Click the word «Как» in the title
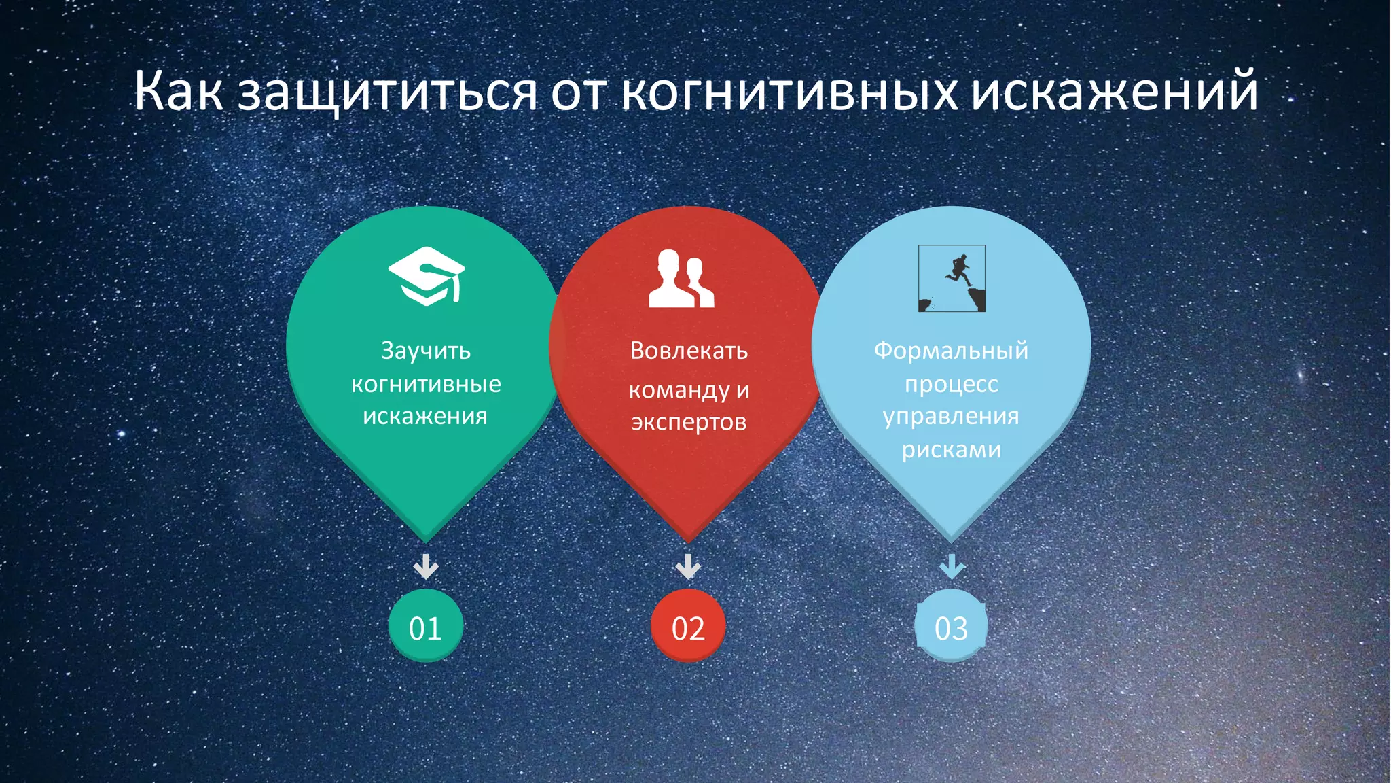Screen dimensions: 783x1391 [x=178, y=91]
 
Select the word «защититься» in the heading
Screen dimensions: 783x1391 [x=387, y=92]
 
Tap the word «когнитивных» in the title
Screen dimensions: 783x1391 [x=789, y=91]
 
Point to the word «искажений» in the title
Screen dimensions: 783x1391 [x=1114, y=91]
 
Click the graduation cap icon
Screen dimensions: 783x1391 [x=427, y=276]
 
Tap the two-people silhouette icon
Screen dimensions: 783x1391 [x=681, y=279]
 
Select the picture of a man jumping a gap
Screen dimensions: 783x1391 [x=952, y=279]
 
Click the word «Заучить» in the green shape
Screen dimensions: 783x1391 [x=426, y=351]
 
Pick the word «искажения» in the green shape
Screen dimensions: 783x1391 [x=425, y=416]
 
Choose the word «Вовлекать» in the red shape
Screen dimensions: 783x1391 [x=689, y=351]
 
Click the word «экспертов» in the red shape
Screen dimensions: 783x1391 [x=689, y=423]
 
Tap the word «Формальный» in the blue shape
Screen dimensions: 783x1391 [x=951, y=351]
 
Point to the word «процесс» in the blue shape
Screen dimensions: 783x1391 [x=951, y=385]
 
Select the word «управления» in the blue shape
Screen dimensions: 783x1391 [x=951, y=417]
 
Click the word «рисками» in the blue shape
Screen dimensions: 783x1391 [x=951, y=450]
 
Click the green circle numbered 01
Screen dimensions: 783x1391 [x=426, y=626]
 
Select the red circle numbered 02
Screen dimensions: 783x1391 [x=688, y=626]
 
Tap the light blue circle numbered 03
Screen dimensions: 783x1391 [x=951, y=626]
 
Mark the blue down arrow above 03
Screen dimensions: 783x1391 [x=952, y=566]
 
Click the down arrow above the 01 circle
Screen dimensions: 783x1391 [x=426, y=566]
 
